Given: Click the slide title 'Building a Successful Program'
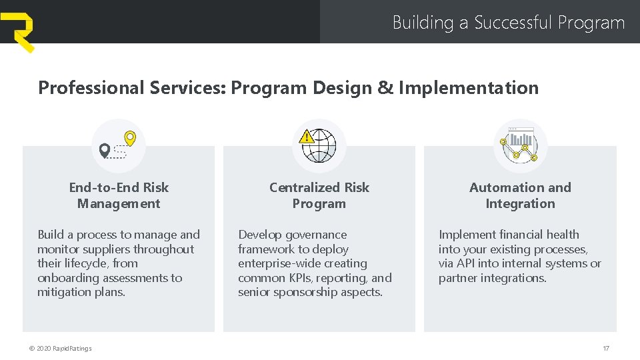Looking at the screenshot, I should coord(508,23).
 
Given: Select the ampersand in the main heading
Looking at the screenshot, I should coord(385,88).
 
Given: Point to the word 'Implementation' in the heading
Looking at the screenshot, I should coord(468,88).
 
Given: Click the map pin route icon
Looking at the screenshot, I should coord(118,146).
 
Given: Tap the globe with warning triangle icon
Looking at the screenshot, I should coord(318,145).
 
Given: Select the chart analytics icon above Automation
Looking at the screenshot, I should coord(520,146).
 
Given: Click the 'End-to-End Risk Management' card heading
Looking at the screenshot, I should coord(119,195).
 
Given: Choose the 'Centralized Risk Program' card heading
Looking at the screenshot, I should coord(319,195).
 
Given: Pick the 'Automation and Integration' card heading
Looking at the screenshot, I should coord(520,195).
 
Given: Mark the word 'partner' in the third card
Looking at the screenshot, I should coord(457,278).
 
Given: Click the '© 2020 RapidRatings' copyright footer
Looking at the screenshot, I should coord(60,348).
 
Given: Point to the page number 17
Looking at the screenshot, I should coord(605,348).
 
